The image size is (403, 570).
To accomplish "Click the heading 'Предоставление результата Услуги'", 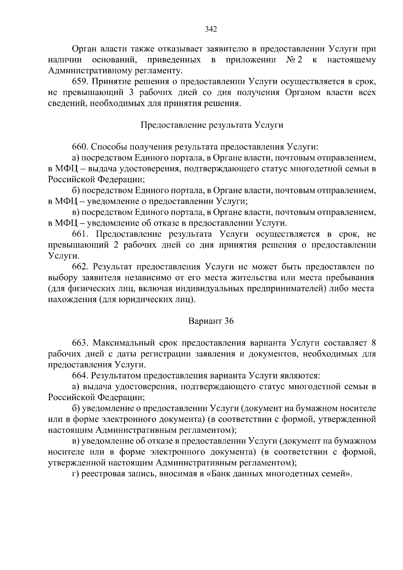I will [212, 125].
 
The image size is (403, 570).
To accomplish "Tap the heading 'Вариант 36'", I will [211, 321].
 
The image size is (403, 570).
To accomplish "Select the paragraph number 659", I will [80, 82].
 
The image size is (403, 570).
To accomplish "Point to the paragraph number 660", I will [80, 147].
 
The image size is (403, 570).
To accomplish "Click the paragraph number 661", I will [80, 234].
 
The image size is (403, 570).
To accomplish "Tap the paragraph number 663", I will [80, 343].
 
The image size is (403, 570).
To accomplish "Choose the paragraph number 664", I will [80, 376].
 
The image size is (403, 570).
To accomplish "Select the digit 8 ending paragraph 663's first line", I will [373, 343].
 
